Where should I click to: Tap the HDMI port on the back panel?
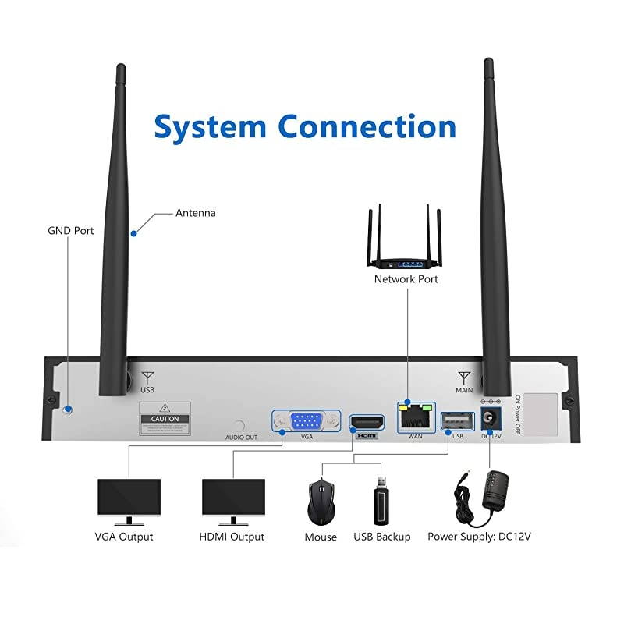pos(366,423)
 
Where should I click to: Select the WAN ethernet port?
pos(414,420)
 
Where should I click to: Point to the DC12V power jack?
pos(491,418)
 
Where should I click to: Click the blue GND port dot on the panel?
pos(68,409)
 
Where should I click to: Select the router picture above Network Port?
pos(406,240)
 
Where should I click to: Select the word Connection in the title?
pos(367,126)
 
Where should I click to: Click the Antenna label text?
pos(195,212)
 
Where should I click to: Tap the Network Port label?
pos(406,278)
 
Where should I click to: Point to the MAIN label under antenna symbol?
pos(464,389)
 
